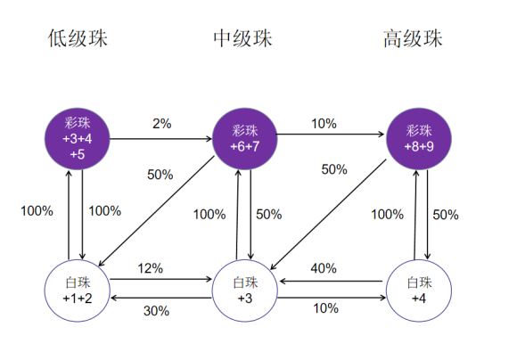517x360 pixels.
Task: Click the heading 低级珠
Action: [78, 38]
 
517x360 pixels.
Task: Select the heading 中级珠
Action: [242, 38]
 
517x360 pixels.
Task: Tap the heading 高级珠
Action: [413, 38]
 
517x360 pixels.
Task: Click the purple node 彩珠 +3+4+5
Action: [78, 139]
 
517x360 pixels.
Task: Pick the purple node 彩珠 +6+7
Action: [244, 139]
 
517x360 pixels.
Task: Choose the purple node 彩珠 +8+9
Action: [419, 139]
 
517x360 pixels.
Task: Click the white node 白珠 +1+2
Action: [78, 290]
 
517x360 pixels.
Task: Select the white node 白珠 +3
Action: [244, 290]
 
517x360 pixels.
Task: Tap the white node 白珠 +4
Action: [419, 290]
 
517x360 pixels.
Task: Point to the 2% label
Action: [162, 124]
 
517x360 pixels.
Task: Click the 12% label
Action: [150, 268]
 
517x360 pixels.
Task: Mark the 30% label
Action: [156, 311]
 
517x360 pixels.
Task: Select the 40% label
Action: [324, 268]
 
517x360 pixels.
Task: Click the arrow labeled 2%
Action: [161, 139]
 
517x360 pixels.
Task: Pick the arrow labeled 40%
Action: [331, 282]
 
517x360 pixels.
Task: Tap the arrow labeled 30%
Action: [161, 298]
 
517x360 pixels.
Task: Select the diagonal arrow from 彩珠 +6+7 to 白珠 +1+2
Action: [157, 210]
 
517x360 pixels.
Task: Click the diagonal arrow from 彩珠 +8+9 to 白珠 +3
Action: [328, 215]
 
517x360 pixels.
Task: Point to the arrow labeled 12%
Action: [161, 279]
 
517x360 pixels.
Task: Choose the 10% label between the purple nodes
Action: [324, 124]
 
